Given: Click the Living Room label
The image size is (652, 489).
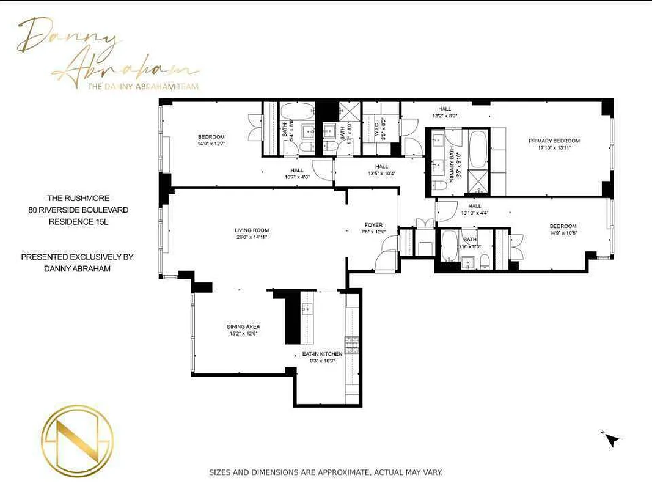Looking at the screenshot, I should pos(251,230).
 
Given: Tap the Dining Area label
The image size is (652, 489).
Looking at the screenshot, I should pos(244,326).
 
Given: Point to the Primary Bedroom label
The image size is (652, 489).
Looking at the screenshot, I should pos(554,141).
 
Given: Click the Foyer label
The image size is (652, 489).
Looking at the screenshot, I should pos(373,225).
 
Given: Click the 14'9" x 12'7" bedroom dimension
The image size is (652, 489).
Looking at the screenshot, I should pos(211,144).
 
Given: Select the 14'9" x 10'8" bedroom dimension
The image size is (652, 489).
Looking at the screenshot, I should pos(562,233).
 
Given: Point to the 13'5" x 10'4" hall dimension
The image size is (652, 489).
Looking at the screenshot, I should pos(382,174).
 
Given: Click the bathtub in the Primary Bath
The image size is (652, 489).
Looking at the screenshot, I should pos(477,150).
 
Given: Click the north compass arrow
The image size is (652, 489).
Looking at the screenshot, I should pos(612,439).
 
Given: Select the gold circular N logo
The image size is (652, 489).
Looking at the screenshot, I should pos(77,441).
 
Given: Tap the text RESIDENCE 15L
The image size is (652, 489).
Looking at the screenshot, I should pos(78,222).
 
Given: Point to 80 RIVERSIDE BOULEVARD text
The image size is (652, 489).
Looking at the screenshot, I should pos(78,210).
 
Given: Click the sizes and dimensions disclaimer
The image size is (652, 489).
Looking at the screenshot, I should pos(326,472).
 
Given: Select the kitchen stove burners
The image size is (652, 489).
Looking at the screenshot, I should pos(351,345).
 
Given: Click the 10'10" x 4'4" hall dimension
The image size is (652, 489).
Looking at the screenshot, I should pos(474,213).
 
